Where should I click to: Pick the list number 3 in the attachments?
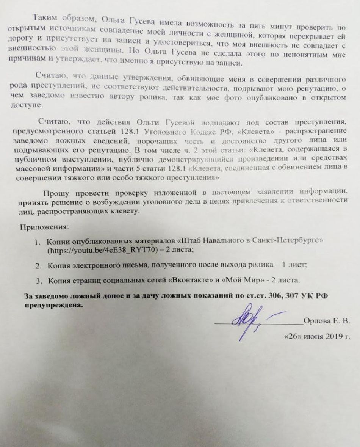coord(38,281)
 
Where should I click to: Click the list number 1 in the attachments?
coord(38,242)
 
